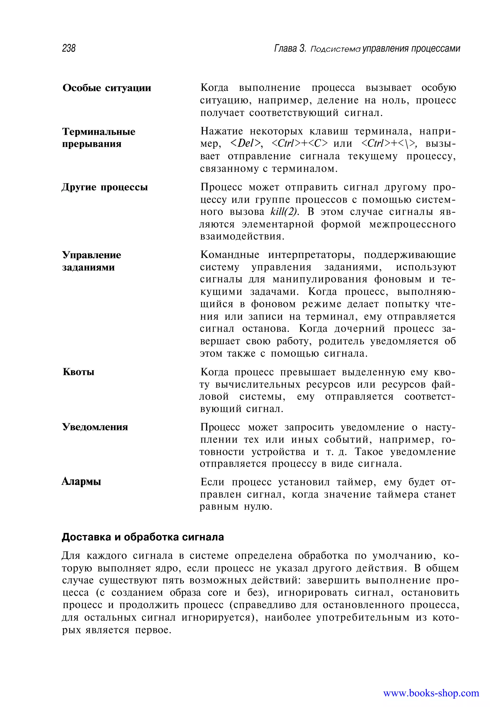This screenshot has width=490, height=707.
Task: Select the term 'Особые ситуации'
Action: (x=107, y=88)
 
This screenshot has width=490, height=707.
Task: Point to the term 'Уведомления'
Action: (x=95, y=427)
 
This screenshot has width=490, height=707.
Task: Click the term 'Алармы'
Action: (x=81, y=482)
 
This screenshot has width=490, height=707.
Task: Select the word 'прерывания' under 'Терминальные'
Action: (x=92, y=144)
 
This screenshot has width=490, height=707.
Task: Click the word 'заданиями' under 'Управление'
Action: (x=89, y=267)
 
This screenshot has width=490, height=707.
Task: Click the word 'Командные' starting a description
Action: (x=230, y=255)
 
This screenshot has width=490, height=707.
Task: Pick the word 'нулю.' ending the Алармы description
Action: (x=258, y=507)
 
